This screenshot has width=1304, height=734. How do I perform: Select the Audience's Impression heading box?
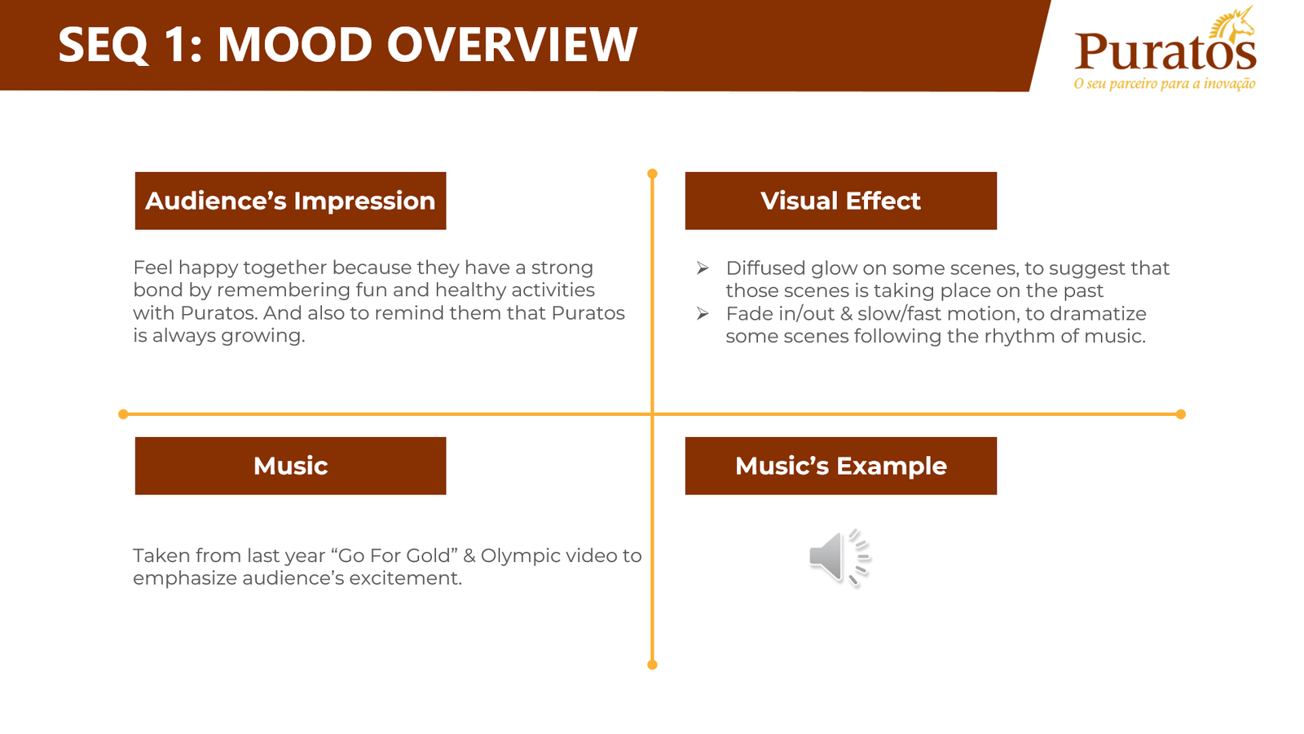290,201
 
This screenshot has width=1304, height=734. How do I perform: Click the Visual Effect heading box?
840,201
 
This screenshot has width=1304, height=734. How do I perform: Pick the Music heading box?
290,466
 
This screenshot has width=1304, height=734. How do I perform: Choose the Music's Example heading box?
840,466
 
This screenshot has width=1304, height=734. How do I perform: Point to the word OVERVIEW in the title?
513,45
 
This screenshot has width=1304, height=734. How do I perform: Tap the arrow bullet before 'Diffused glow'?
703,268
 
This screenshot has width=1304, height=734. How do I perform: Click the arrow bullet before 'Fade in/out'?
703,313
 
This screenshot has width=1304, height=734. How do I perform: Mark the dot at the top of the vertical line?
652,174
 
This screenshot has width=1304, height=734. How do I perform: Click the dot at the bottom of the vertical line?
652,665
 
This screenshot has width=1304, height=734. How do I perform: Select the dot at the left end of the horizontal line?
123,414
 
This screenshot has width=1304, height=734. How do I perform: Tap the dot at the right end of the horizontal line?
1181,414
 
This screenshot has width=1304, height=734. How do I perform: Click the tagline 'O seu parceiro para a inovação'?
1165,84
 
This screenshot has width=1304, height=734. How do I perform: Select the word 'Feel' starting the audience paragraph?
153,268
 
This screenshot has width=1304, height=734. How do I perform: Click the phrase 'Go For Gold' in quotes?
394,555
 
